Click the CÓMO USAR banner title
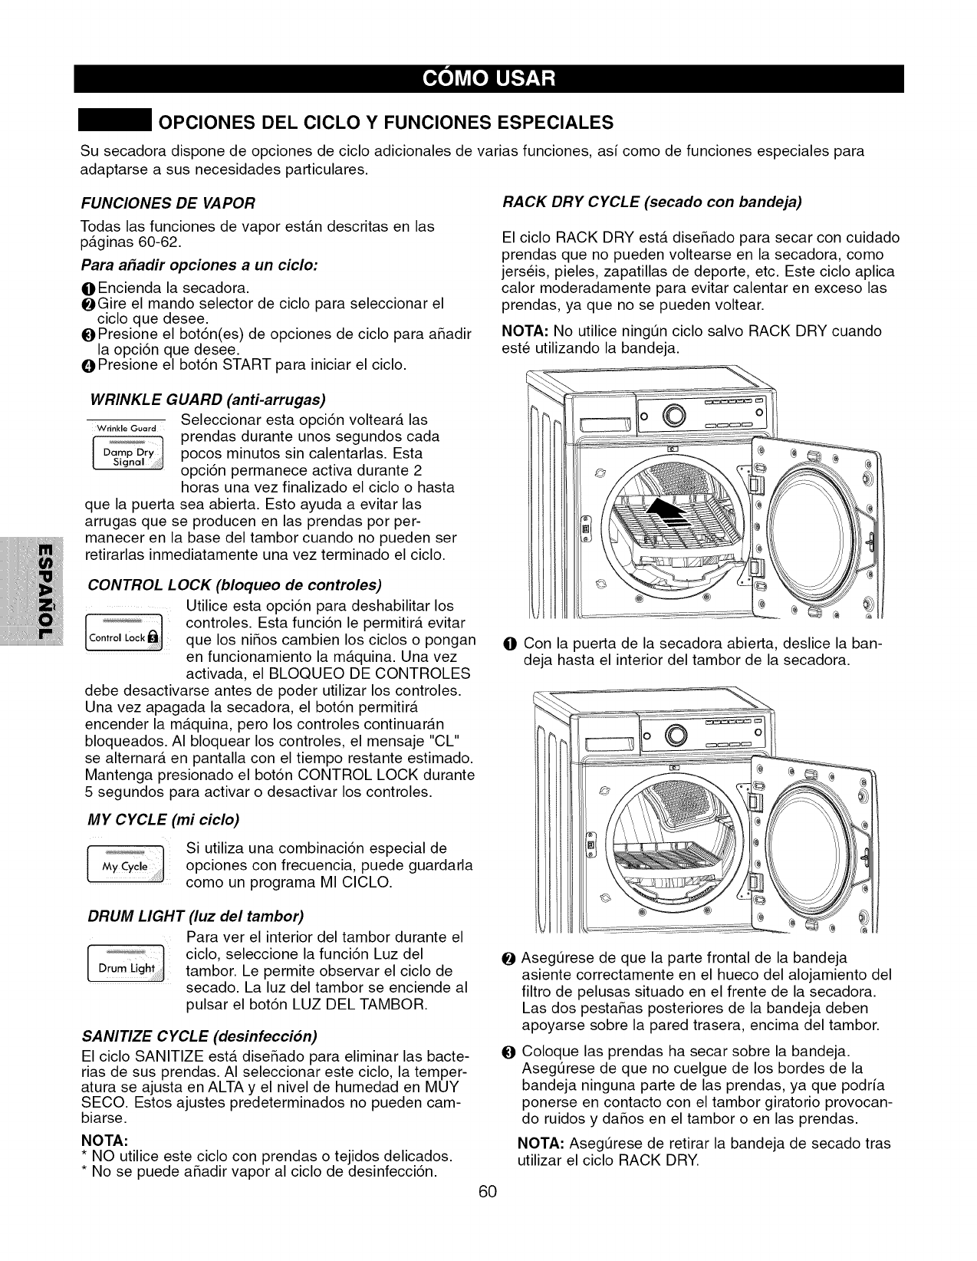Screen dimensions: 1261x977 click(488, 79)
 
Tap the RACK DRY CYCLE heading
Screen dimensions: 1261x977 click(652, 202)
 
